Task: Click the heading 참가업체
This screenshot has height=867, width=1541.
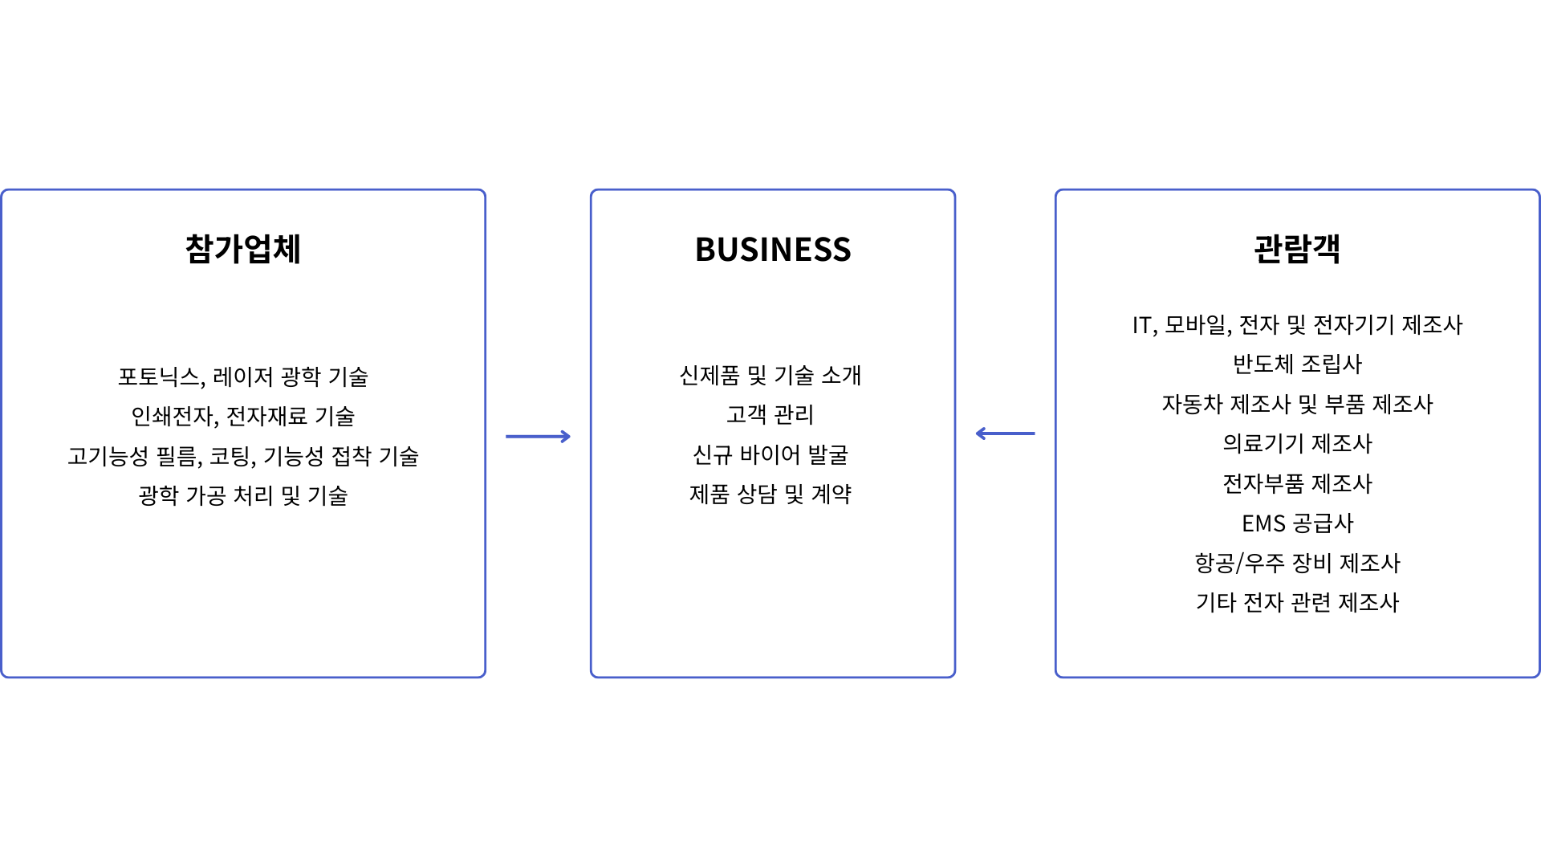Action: coord(243,249)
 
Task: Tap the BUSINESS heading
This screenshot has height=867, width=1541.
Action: coord(773,250)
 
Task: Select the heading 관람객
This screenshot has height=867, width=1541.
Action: coord(1297,248)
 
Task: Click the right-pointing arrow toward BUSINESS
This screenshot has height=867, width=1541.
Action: coord(538,437)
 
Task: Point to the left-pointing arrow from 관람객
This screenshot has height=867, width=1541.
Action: coord(1005,433)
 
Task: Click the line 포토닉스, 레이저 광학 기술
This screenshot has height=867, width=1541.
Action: coord(243,377)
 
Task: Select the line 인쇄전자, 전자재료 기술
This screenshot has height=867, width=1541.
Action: coord(243,416)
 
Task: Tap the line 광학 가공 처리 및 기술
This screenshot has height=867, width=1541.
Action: coord(243,495)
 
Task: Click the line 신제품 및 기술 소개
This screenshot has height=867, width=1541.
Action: coord(770,375)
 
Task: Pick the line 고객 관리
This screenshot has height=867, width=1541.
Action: coord(770,414)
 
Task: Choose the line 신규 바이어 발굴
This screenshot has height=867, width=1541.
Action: coord(770,454)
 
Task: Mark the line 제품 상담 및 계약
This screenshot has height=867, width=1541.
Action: coord(770,494)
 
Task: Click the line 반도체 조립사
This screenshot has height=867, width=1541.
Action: coord(1298,364)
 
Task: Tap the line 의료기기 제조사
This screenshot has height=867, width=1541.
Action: coord(1298,443)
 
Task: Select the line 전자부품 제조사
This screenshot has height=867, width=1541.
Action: coord(1298,483)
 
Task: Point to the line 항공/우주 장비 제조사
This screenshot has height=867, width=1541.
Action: coord(1298,563)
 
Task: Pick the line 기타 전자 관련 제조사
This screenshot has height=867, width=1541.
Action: coord(1298,602)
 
